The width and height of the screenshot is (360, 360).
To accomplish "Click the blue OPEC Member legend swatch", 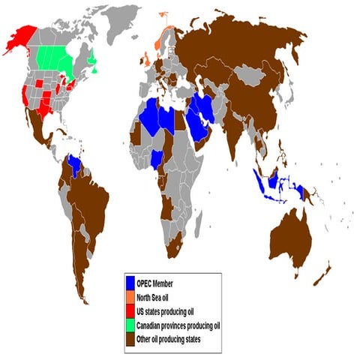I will tap(130, 283).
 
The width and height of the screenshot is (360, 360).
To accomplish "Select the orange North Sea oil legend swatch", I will tap(130, 297).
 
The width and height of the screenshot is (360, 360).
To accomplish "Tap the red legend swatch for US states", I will tap(130, 310).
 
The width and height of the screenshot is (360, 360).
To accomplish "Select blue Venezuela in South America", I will tap(74, 163).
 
